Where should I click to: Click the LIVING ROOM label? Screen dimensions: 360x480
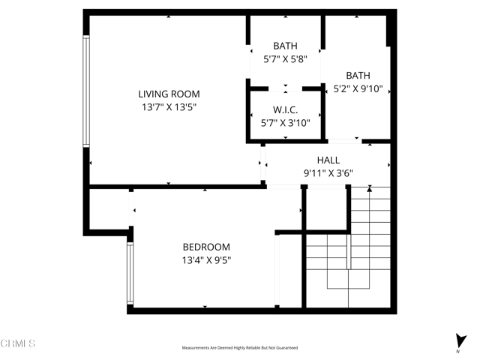pyautogui.click(x=169, y=94)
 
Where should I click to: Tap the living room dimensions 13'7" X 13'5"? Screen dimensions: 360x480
pyautogui.click(x=169, y=107)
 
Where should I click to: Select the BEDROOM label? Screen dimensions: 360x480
pyautogui.click(x=206, y=247)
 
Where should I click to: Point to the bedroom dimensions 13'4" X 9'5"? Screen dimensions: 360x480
pyautogui.click(x=206, y=261)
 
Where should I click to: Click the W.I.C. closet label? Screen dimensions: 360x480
pyautogui.click(x=285, y=109)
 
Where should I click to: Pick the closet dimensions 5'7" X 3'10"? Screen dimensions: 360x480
pyautogui.click(x=285, y=123)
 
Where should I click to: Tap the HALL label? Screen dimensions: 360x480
pyautogui.click(x=328, y=160)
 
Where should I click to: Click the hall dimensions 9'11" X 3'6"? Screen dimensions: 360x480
pyautogui.click(x=328, y=173)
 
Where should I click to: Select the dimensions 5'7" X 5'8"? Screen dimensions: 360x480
pyautogui.click(x=285, y=59)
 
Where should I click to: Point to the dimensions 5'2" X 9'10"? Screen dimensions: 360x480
pyautogui.click(x=358, y=88)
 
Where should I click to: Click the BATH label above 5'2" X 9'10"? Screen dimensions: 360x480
pyautogui.click(x=358, y=75)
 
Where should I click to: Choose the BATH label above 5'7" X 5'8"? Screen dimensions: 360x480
pyautogui.click(x=285, y=46)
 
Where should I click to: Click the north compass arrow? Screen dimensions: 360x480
pyautogui.click(x=459, y=340)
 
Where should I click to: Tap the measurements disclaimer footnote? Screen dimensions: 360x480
pyautogui.click(x=240, y=348)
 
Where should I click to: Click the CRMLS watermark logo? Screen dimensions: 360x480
pyautogui.click(x=18, y=343)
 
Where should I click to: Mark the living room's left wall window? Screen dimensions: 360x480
pyautogui.click(x=86, y=91)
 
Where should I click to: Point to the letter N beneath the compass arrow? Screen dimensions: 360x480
pyautogui.click(x=458, y=351)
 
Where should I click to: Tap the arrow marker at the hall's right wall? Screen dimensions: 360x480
pyautogui.click(x=388, y=166)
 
